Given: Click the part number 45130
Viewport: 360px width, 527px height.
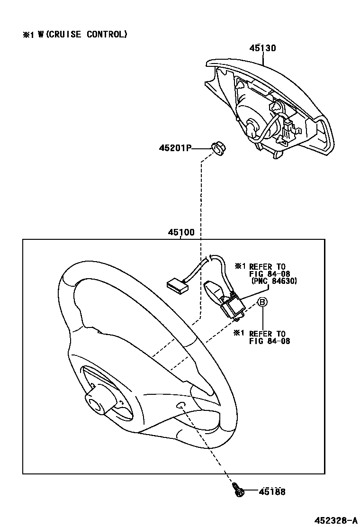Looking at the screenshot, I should [x=262, y=48].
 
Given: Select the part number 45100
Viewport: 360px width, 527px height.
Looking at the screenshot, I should [x=181, y=233].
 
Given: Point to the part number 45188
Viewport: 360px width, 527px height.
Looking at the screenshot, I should [x=272, y=492].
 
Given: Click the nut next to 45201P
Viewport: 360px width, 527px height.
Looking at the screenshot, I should [x=217, y=149].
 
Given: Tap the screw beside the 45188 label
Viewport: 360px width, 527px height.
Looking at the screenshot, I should [x=238, y=491].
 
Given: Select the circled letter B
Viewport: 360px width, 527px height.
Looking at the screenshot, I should [x=261, y=302].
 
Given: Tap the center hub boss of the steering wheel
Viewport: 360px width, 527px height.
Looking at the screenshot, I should [x=98, y=404].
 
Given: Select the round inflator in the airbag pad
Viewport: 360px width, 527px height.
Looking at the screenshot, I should [x=251, y=118].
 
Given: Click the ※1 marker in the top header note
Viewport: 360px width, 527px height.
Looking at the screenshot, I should [x=27, y=35].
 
